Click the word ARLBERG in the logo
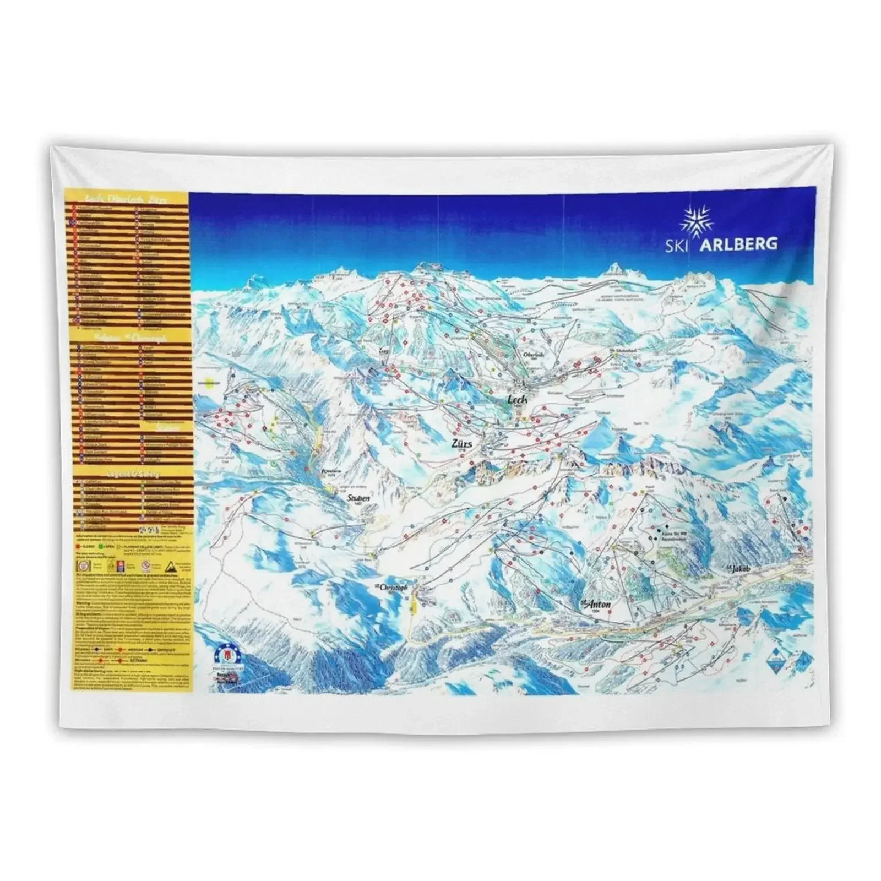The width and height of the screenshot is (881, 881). tap(738, 244)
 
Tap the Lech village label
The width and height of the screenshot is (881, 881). tap(518, 399)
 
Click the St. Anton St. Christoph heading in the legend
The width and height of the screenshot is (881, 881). tap(127, 338)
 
